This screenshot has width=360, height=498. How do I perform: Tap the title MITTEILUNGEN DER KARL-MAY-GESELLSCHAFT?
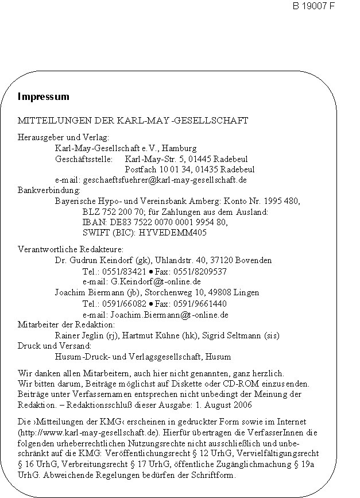[133, 121]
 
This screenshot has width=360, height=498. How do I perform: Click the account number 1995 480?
[284, 201]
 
